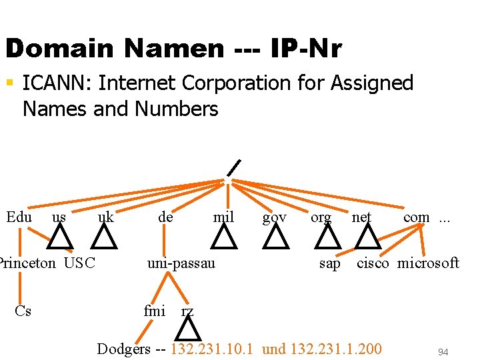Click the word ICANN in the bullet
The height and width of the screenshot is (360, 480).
pos(55,83)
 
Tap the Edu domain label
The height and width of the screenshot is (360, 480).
pos(19,217)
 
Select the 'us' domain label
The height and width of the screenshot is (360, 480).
pos(59,217)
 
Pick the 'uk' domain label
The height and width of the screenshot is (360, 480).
pos(105,217)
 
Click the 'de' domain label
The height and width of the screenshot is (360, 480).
pos(165,217)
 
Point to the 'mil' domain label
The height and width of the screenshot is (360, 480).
pos(223,217)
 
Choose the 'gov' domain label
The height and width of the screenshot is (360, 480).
pos(275,217)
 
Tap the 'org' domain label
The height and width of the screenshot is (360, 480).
pos(321,217)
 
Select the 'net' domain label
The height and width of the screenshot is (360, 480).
pos(361,217)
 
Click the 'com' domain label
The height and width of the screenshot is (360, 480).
pos(417,217)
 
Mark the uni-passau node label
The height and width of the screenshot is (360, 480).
pos(181,263)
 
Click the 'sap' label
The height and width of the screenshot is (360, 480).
pos(329,263)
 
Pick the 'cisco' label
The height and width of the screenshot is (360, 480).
pos(373,263)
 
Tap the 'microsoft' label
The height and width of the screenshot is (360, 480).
pos(428,263)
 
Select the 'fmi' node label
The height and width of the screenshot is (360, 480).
pos(155,310)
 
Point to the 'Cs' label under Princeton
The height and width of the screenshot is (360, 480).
pos(23,310)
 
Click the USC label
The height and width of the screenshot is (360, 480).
pos(80,263)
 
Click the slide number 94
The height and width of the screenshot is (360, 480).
pos(443,351)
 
